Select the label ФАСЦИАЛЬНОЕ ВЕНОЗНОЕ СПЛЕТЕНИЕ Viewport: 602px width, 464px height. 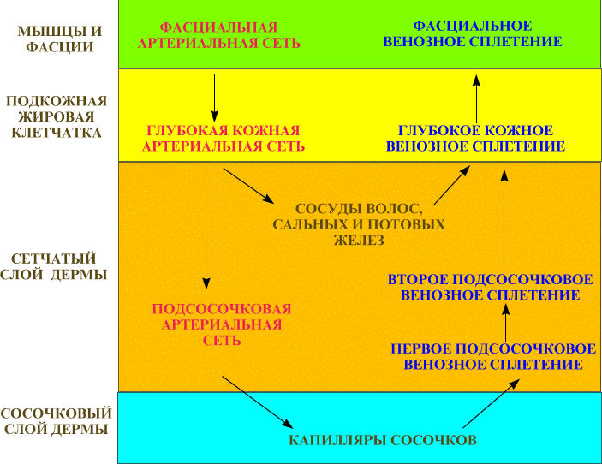[473, 33]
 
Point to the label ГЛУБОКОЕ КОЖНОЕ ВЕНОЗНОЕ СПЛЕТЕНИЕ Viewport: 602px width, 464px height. [475, 138]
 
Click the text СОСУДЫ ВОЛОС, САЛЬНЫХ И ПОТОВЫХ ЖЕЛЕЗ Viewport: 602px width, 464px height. [359, 224]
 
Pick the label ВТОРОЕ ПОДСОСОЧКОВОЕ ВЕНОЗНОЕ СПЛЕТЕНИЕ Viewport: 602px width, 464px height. [491, 288]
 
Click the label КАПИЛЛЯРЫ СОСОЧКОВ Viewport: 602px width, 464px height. [382, 441]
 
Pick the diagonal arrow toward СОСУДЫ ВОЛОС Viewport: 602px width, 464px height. [247, 186]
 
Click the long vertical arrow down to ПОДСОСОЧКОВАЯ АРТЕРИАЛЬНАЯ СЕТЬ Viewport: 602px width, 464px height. [206, 228]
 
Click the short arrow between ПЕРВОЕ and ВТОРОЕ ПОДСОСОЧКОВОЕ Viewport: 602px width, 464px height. [505, 324]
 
